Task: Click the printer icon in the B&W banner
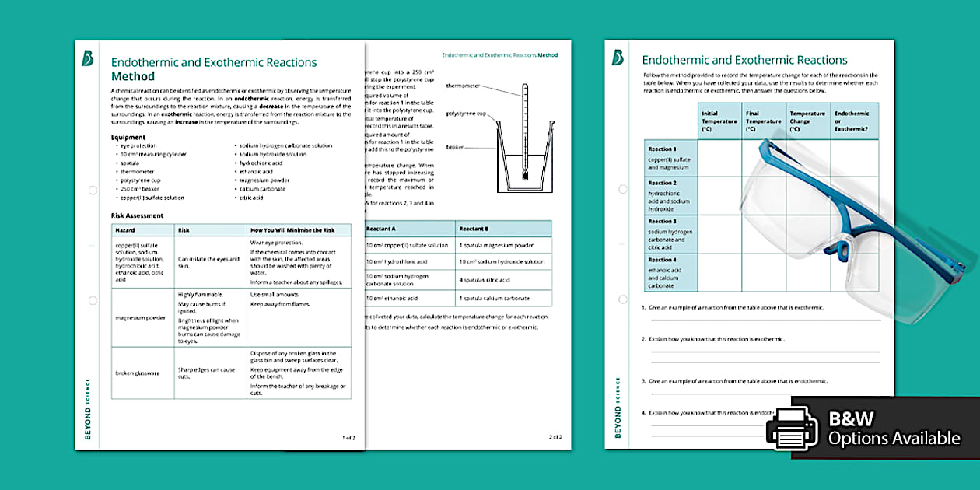coord(792,429)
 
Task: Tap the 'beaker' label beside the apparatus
coord(455,147)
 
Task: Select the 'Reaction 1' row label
coord(663,149)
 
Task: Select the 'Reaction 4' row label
coord(663,260)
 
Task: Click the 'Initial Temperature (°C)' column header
coord(719,121)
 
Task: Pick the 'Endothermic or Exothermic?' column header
coord(852,121)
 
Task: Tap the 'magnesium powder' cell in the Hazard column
coord(140,317)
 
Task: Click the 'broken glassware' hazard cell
coord(138,373)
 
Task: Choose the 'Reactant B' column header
coord(474,229)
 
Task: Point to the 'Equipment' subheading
coord(128,137)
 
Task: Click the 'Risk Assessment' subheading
coord(138,215)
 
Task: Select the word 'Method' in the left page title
coord(133,76)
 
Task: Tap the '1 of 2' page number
coord(348,437)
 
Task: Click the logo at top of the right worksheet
coord(618,58)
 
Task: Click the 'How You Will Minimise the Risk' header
coord(292,230)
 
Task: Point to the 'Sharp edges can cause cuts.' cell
coord(206,373)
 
